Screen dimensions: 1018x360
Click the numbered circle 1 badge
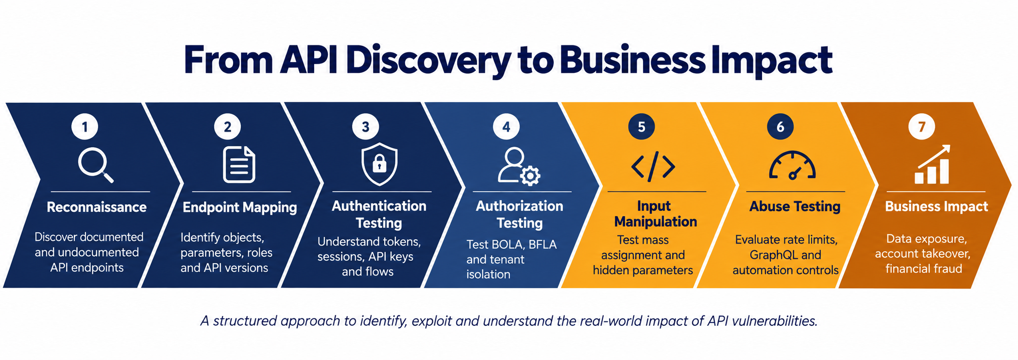(85, 126)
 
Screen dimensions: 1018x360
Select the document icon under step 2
(239, 165)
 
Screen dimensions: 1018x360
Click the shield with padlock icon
(379, 164)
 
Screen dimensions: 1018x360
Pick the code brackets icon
(653, 167)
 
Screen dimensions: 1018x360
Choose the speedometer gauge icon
(792, 166)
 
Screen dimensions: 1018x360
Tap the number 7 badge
(921, 126)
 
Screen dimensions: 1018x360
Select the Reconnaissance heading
(97, 207)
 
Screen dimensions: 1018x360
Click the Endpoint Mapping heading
(239, 208)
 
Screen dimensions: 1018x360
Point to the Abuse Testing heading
(795, 207)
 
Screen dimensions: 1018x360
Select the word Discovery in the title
(428, 60)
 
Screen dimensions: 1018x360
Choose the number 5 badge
(641, 126)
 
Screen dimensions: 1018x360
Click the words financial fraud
(923, 269)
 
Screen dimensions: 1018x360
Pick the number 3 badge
(365, 126)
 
